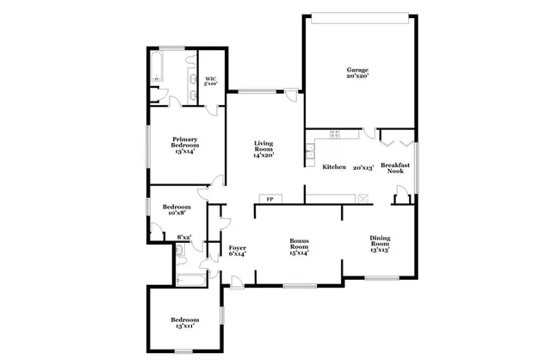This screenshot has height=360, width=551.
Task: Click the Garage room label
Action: (x=357, y=73)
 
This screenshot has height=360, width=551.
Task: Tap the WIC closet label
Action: (x=211, y=82)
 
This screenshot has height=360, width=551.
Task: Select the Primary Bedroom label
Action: (x=185, y=144)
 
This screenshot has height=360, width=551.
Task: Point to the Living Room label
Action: (x=263, y=149)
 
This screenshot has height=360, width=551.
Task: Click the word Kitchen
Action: (x=334, y=167)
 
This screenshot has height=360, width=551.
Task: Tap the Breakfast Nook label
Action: (x=395, y=168)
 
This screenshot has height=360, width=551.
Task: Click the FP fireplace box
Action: (x=269, y=200)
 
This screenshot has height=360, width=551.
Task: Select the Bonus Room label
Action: (x=300, y=247)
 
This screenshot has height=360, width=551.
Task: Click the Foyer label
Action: (x=238, y=251)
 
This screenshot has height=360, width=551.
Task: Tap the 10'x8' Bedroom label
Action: (x=176, y=210)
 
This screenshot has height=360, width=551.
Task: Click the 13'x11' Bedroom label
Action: (x=184, y=322)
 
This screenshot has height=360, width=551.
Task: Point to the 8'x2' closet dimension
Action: (x=183, y=237)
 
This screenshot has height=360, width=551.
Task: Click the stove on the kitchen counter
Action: (x=334, y=133)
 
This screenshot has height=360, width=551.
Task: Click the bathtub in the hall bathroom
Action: (x=189, y=278)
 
